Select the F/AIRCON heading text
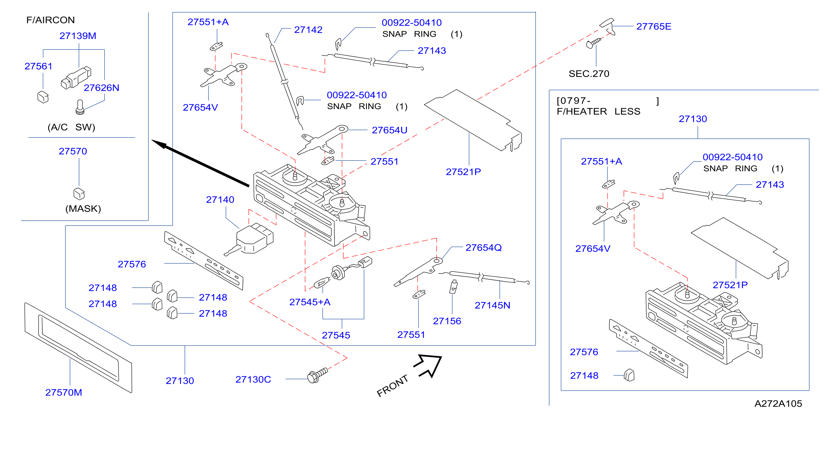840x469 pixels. coord(51,20)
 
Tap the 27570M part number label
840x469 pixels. coord(64,392)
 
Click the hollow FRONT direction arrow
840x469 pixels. coord(428,365)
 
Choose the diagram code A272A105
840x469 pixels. coord(778,404)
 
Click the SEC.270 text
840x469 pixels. coord(589,74)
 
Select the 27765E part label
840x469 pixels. coord(654,27)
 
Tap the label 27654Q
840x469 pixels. coord(484,248)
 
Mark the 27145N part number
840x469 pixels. coord(492,305)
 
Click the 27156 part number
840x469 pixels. coord(447,321)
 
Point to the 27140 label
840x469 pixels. coord(220,200)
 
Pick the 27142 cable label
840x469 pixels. coord(308,30)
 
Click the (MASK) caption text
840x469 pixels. coord(83,209)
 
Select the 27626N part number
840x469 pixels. coord(101,88)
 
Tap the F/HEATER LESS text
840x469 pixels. coord(598,112)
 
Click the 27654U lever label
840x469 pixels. coord(390,130)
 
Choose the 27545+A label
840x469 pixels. coord(310,302)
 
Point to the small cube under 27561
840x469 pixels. coord(43,97)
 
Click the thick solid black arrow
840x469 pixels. coord(201,163)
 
